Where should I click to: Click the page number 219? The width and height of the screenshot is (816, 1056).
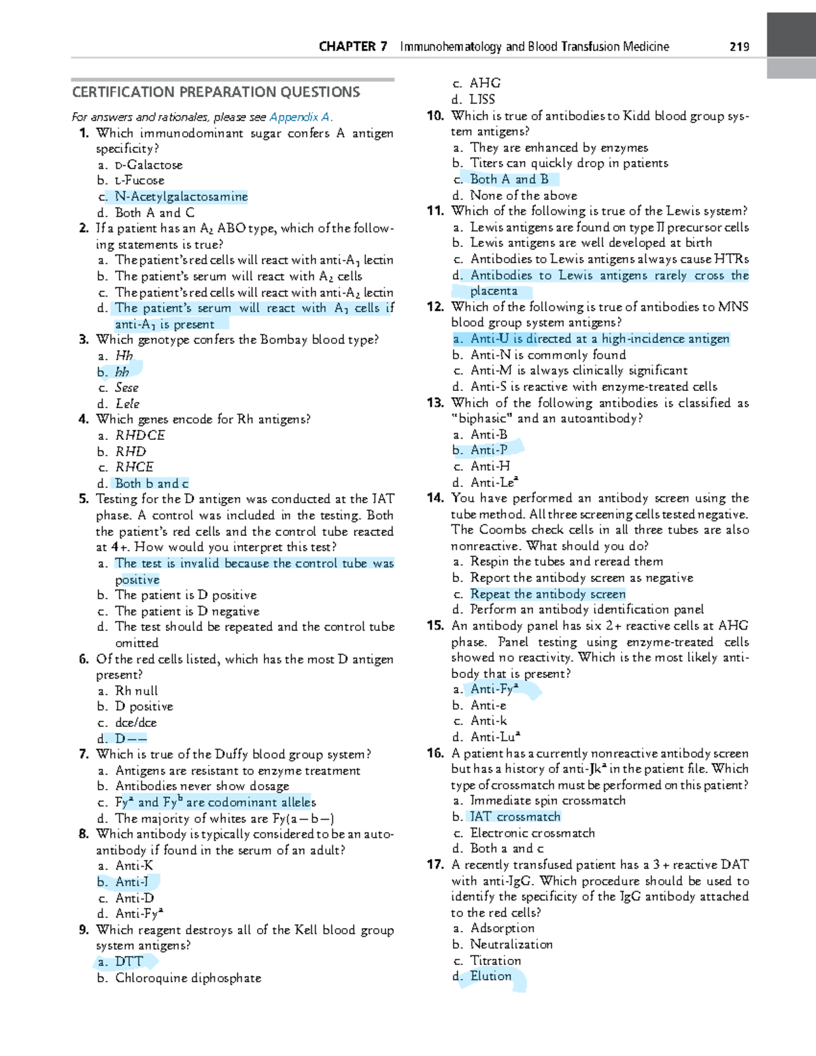pos(739,47)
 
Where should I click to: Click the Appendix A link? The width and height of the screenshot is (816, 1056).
pos(300,117)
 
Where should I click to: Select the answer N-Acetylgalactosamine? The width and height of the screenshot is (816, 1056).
pos(181,197)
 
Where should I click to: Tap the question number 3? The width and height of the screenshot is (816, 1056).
pos(84,339)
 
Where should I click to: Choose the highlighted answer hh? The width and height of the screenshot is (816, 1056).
pos(122,372)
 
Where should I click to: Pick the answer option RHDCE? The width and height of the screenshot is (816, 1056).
pos(140,435)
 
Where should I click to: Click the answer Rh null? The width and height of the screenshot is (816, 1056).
pos(136,691)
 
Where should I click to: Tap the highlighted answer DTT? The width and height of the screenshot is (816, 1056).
pos(129,961)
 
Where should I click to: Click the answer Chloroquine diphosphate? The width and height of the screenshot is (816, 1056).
pos(188,978)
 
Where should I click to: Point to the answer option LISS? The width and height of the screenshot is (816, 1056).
pos(482,99)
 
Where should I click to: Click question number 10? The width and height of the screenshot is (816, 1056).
pos(435,116)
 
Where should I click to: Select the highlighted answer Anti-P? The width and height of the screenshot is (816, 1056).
pos(489,450)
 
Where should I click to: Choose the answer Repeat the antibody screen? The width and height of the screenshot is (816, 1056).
pos(547,594)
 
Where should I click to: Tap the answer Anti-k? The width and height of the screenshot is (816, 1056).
pos(488,721)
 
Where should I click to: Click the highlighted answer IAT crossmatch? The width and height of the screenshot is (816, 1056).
pos(515,817)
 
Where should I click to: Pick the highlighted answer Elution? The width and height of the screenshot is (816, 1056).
pos(490,976)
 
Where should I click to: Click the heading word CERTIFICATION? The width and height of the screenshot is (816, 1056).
pos(124,92)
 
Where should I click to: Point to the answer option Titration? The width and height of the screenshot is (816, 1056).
pos(496,961)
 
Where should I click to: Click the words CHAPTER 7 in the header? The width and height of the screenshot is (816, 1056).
pos(353,47)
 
